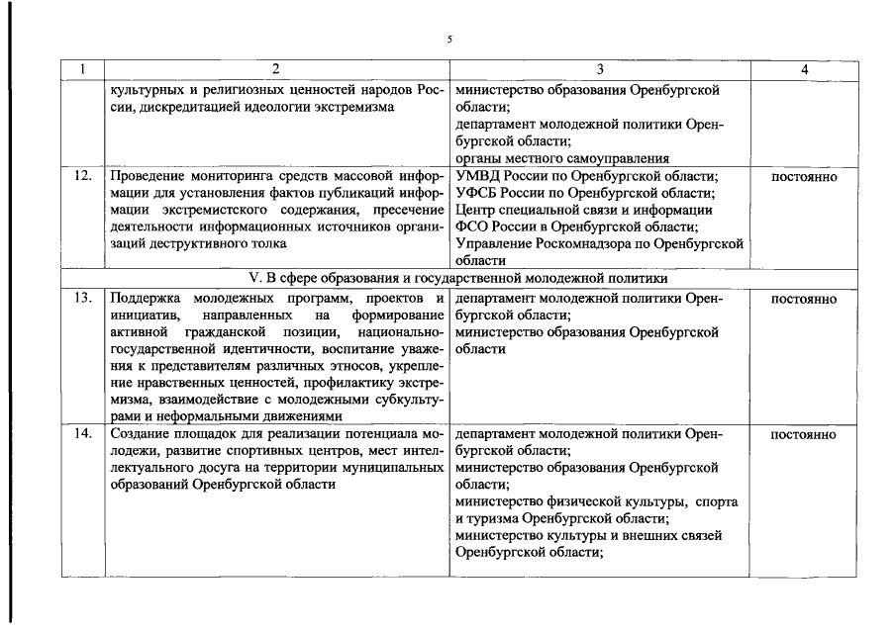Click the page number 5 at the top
(448, 40)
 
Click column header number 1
(84, 70)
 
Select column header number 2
(276, 70)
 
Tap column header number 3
(600, 70)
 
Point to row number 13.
(84, 299)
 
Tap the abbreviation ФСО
(475, 226)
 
